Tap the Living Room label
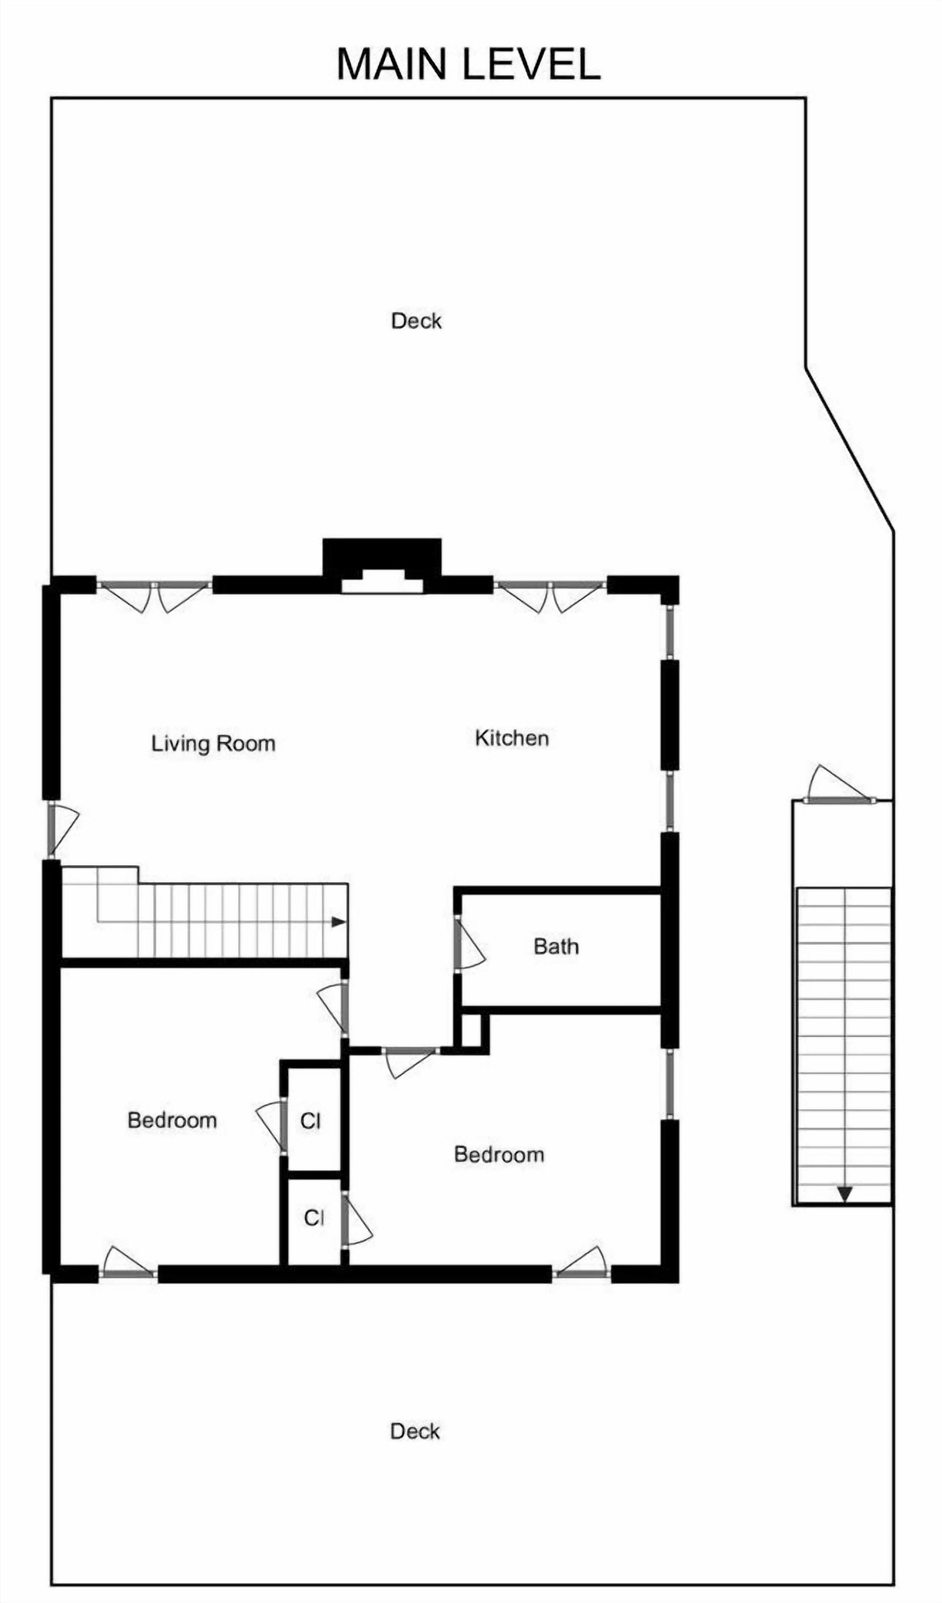tap(213, 744)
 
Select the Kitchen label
tap(512, 738)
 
